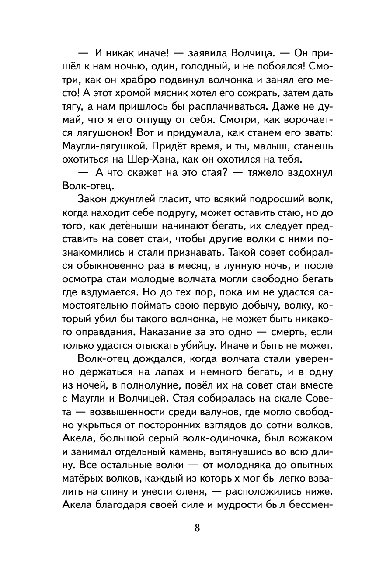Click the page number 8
pyautogui.click(x=184, y=528)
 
